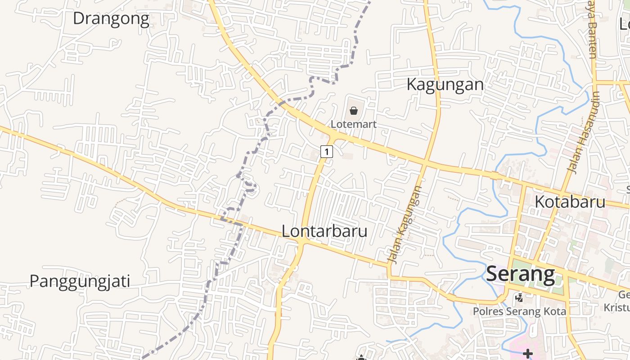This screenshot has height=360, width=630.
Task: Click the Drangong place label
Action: point(111,19)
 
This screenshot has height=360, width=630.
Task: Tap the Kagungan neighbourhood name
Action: point(445,84)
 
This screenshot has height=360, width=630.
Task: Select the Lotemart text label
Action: point(354,124)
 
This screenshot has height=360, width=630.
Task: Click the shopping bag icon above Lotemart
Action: point(354,111)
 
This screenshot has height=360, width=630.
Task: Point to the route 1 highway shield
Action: point(327,151)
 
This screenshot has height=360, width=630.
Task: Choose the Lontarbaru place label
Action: point(324,231)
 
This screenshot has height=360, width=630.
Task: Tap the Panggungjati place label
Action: point(80,281)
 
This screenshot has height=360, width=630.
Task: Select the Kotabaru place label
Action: point(570,202)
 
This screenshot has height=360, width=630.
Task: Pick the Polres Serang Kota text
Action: point(519,311)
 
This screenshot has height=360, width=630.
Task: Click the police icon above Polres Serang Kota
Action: point(519,297)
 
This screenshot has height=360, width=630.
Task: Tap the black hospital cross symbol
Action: point(527,354)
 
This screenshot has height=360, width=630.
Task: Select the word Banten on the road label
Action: point(591,45)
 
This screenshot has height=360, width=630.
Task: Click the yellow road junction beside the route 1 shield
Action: point(333,135)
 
